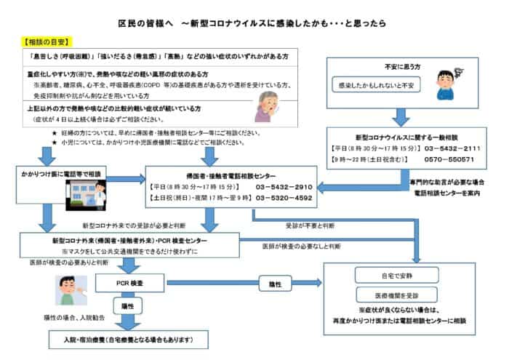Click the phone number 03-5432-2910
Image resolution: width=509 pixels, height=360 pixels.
click(285, 186)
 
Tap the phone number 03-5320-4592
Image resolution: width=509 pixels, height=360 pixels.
click(284, 197)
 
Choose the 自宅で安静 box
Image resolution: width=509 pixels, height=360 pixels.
click(394, 276)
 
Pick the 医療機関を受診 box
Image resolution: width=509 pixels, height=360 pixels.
click(394, 296)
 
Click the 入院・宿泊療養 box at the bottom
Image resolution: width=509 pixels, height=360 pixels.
click(127, 340)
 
